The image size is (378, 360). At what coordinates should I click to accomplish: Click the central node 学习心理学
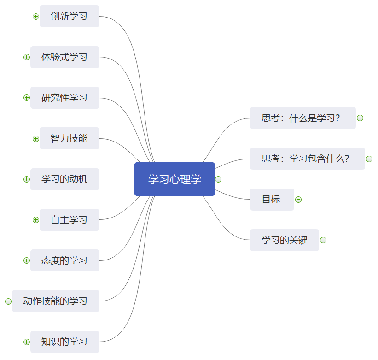(x=174, y=179)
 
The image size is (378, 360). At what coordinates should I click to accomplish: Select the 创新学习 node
(x=69, y=17)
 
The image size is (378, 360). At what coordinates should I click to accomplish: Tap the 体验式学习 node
(x=64, y=57)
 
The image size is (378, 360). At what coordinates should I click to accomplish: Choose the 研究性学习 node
(x=64, y=98)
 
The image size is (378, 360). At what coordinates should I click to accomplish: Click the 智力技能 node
(x=69, y=138)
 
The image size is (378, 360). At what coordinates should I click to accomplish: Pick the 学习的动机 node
(x=64, y=179)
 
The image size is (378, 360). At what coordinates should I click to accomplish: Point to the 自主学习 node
(x=69, y=220)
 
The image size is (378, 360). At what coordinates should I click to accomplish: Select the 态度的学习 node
(x=64, y=260)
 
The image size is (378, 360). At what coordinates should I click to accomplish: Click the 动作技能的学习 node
(x=55, y=301)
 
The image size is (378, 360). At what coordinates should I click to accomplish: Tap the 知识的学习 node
(x=64, y=342)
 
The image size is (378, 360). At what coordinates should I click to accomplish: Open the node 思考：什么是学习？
(x=302, y=118)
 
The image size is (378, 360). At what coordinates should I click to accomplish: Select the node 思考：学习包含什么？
(x=307, y=159)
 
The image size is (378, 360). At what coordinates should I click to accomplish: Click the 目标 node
(x=272, y=200)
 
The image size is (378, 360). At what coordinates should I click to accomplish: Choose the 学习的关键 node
(x=284, y=240)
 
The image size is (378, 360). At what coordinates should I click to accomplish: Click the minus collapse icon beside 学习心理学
(x=218, y=179)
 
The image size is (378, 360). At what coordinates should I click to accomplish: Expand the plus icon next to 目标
(x=298, y=200)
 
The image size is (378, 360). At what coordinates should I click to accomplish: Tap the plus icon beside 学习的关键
(x=323, y=240)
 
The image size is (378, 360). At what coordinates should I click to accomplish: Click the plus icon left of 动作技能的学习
(x=8, y=301)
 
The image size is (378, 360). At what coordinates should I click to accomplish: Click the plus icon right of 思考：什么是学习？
(x=360, y=118)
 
